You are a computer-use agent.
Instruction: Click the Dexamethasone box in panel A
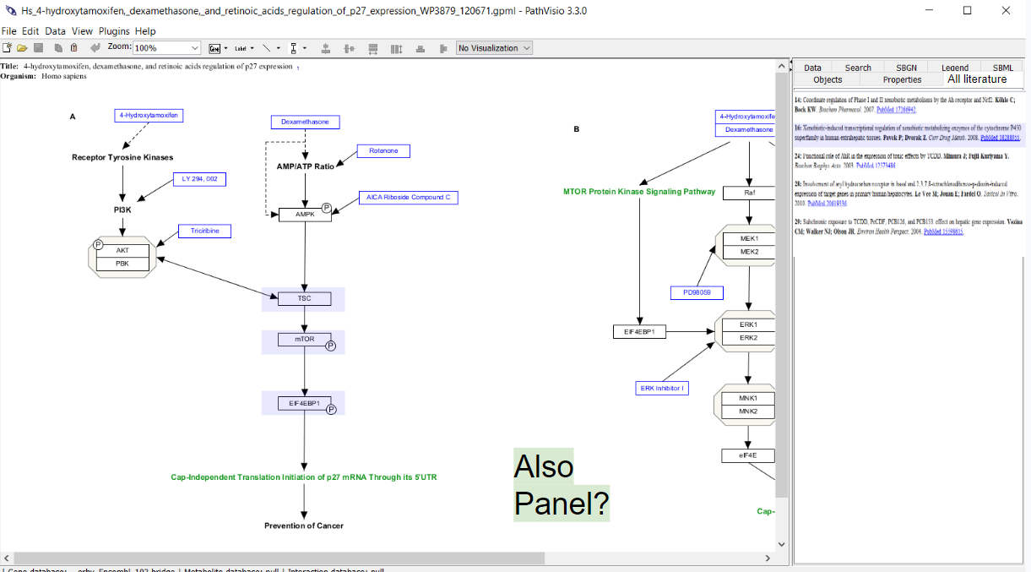[305, 123]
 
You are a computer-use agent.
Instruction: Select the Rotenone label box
[383, 151]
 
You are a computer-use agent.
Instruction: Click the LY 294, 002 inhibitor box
[199, 179]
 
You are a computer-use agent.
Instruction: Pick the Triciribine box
[204, 232]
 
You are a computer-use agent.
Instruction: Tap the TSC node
[304, 299]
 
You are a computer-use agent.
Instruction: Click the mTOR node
[304, 340]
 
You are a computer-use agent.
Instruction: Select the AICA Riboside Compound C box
[408, 198]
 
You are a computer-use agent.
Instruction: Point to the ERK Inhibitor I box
[663, 389]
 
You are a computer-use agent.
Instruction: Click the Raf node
[748, 193]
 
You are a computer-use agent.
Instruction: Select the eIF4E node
[747, 456]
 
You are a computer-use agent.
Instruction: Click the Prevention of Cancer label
[304, 526]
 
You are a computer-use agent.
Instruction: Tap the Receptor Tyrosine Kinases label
[122, 157]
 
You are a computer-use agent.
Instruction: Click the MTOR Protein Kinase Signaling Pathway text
[639, 192]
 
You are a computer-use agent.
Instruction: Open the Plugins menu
[114, 31]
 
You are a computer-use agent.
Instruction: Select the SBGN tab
[906, 68]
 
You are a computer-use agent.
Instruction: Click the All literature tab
[977, 79]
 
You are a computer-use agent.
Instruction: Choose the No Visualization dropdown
[494, 48]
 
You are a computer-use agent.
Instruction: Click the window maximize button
[967, 11]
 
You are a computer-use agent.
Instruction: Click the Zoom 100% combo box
[166, 48]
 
